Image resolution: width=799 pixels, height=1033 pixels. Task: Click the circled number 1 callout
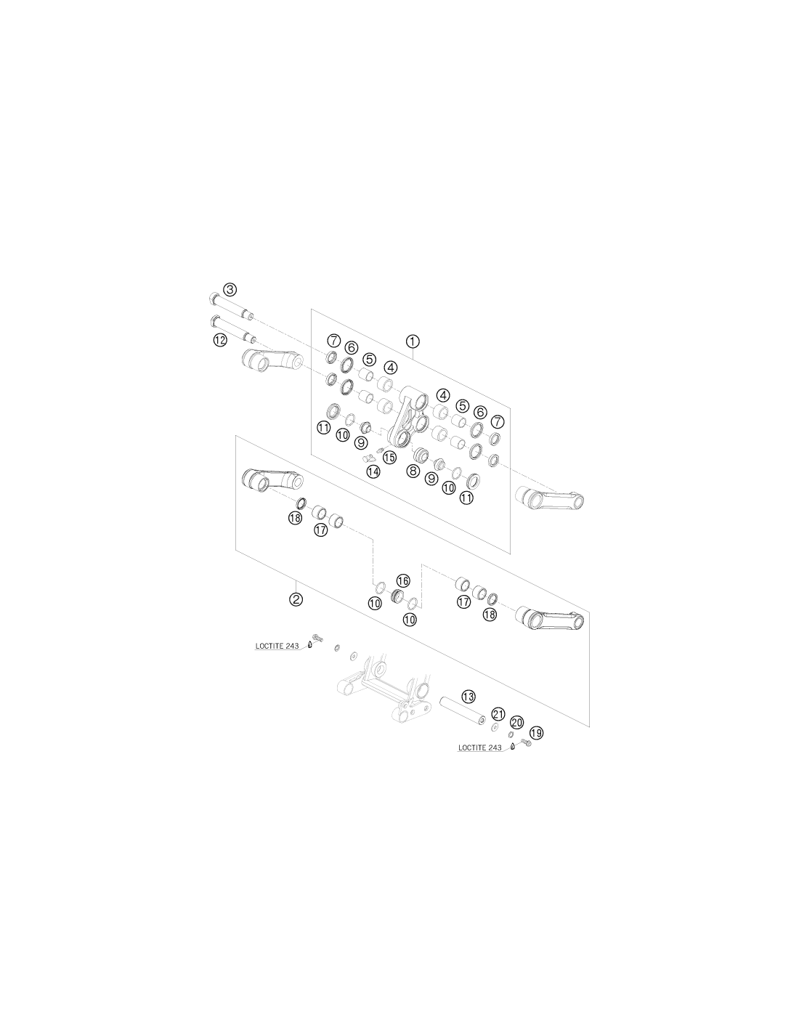(413, 341)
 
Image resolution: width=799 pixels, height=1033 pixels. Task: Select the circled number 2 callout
(296, 599)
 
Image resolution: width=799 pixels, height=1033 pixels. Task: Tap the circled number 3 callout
(230, 289)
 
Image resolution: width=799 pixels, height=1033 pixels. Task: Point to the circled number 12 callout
(220, 340)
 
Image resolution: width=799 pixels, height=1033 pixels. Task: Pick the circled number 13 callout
(469, 697)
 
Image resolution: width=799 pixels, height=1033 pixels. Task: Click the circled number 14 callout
(373, 471)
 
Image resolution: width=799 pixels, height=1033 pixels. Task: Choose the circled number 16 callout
(402, 580)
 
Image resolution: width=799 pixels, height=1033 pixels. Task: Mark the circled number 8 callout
(413, 471)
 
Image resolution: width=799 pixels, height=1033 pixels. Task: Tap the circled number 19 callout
(535, 734)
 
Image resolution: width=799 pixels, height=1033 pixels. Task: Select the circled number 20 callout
(516, 723)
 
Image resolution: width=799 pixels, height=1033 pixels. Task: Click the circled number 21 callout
(498, 714)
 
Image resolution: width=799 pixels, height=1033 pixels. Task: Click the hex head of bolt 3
(214, 299)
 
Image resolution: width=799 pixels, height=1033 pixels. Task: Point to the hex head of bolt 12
(214, 322)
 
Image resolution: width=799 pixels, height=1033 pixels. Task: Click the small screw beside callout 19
(526, 742)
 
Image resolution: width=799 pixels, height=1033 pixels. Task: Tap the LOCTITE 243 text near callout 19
(479, 748)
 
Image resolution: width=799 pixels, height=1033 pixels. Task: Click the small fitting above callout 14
(380, 449)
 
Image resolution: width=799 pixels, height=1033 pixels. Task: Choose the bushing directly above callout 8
(421, 453)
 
